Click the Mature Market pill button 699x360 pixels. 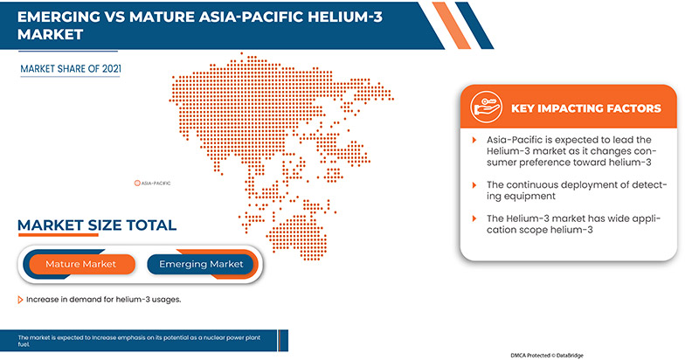coord(80,264)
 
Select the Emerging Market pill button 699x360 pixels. coord(201,264)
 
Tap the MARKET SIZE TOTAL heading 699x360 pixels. coord(97,225)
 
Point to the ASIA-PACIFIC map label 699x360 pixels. coord(157,183)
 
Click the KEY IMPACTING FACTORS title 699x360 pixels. coord(588,108)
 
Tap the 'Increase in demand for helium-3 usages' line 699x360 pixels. coord(103,300)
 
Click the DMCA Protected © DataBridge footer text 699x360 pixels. coord(558,356)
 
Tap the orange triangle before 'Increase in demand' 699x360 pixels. coord(21,300)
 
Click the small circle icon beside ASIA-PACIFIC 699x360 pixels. coord(137,183)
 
